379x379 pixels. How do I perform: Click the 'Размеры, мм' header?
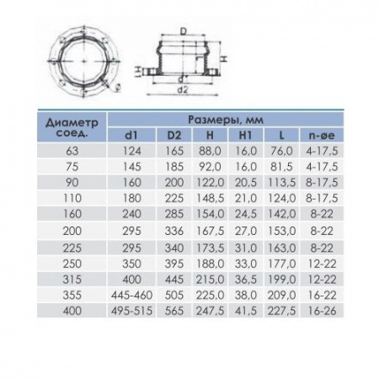click(226, 120)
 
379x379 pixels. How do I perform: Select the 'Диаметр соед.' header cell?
click(72, 127)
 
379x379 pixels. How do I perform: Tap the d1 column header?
click(131, 136)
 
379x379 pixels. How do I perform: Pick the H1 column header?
click(245, 136)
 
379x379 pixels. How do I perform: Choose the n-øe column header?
click(322, 136)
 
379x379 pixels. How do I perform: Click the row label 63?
click(72, 151)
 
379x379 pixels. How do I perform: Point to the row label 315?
click(72, 280)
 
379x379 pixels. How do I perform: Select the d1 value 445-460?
click(131, 295)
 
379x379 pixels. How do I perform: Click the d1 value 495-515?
click(131, 311)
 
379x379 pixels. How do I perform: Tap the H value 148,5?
click(210, 198)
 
